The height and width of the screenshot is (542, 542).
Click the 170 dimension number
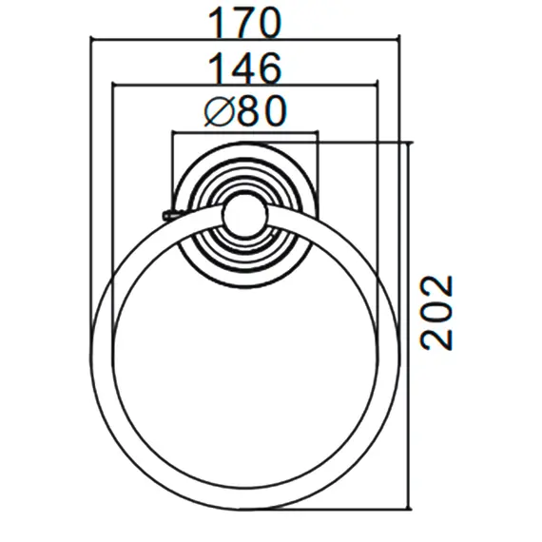[244, 23]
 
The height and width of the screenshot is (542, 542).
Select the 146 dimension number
[244, 68]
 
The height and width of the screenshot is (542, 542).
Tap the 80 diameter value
[261, 111]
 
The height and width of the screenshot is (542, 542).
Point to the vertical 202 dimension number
[436, 313]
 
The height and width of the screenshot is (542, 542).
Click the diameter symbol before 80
[219, 111]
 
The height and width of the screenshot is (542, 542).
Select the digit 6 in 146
[270, 68]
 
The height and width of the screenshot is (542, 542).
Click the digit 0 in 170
[269, 23]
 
